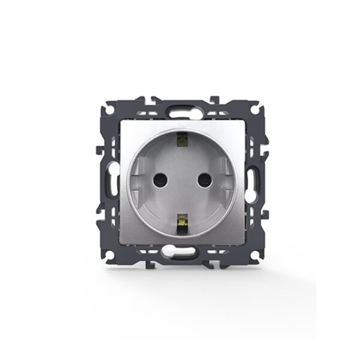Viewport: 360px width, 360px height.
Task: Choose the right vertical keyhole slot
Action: (253, 179)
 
